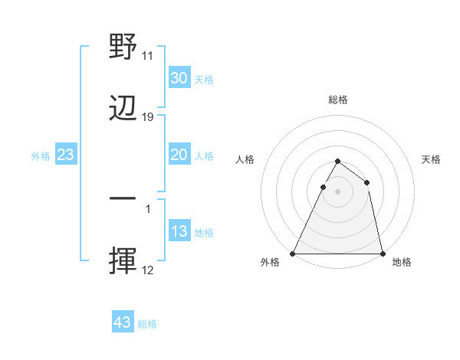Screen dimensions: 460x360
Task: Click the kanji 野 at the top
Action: coord(123,47)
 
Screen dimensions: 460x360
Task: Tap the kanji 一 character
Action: coord(123,198)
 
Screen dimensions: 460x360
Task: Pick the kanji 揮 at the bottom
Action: coord(123,261)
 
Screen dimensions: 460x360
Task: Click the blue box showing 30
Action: coord(179,78)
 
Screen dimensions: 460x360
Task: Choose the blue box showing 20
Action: coord(179,155)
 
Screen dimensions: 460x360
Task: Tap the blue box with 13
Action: coord(179,231)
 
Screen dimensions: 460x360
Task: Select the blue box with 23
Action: coord(66,155)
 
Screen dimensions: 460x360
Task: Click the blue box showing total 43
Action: coord(123,322)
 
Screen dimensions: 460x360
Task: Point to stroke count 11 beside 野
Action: coord(148,56)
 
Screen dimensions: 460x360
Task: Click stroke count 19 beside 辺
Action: coord(148,117)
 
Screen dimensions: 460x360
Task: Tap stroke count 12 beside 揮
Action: coord(148,270)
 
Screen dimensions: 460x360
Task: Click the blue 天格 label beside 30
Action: coord(204,80)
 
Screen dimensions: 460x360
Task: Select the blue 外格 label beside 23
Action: coord(41,156)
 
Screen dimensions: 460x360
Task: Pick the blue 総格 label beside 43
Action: coord(148,324)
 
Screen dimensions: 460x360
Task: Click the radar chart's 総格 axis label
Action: coord(338,100)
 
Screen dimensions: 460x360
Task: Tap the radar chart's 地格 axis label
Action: coord(402,262)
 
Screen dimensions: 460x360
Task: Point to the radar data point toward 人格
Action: coord(323,187)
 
